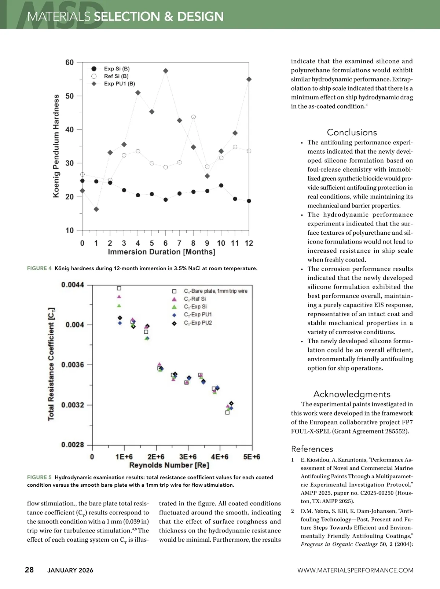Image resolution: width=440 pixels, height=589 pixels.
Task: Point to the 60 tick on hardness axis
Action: [x=70, y=62]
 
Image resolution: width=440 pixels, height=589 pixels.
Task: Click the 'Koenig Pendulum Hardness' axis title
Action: [x=56, y=146]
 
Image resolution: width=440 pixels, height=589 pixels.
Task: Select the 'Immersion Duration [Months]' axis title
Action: [x=161, y=252]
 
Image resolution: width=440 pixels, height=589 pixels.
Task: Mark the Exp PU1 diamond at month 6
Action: [x=166, y=71]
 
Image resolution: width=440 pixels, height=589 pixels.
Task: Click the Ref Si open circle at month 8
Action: [x=193, y=117]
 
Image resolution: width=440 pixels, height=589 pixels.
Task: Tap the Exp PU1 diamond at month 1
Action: [x=96, y=209]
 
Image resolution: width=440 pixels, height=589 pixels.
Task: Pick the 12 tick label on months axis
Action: [x=249, y=243]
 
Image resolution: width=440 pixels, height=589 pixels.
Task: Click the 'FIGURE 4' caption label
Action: [x=39, y=268]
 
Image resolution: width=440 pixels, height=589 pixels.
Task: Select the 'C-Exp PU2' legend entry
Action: [x=198, y=323]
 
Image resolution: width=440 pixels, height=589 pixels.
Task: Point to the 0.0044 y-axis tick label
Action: [x=73, y=285]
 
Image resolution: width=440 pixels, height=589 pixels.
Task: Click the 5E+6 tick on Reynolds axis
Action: [x=252, y=457]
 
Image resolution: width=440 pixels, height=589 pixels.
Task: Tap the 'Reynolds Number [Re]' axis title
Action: [x=169, y=465]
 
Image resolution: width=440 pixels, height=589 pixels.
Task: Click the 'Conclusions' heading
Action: [x=352, y=132]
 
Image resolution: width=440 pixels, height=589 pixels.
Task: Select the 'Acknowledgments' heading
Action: [x=352, y=394]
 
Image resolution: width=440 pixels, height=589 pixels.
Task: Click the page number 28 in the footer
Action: [x=29, y=570]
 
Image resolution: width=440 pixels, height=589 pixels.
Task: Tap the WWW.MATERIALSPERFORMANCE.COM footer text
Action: [x=355, y=570]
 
